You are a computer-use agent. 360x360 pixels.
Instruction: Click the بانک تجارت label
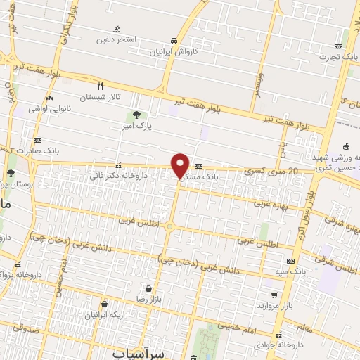click(339, 56)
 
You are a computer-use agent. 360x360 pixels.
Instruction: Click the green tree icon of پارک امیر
click(135, 115)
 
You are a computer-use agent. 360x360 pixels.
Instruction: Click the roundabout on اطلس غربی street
click(169, 226)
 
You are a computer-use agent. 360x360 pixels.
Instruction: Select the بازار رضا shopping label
click(150, 299)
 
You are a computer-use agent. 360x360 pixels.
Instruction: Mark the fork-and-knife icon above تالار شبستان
click(100, 85)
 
